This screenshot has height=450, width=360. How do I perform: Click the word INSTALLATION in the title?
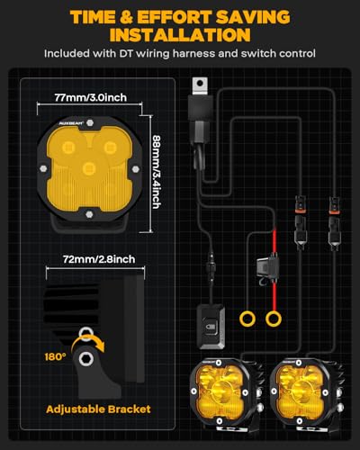180,34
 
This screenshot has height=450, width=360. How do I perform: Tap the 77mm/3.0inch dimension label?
90,97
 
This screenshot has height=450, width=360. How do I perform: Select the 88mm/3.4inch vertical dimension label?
157,172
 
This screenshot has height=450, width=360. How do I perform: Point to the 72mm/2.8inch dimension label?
99,259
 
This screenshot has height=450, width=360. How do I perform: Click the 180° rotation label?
55,356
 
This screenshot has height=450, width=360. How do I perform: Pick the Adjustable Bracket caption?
98,409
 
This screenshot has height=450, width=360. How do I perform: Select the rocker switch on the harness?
211,327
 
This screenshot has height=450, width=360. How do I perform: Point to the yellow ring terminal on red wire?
274,319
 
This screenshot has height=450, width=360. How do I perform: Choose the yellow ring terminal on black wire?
247,319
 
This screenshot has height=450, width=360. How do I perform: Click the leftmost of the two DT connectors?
301,222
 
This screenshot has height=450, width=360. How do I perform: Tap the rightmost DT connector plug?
335,222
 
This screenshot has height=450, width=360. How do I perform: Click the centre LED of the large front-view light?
89,168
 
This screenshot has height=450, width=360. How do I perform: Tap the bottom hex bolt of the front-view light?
89,214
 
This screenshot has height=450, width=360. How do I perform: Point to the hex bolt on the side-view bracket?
85,359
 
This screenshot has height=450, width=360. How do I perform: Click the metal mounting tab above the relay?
200,86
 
